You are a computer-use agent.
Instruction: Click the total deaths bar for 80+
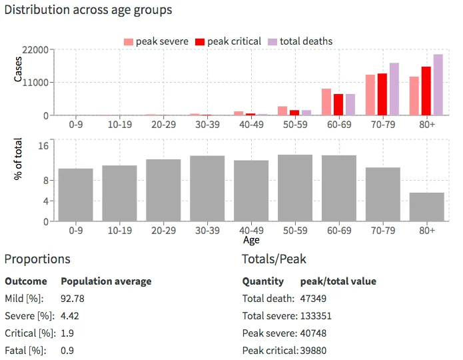[438, 85]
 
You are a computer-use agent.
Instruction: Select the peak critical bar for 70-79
[382, 94]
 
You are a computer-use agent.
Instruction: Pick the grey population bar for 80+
[426, 207]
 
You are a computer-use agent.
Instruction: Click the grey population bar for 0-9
[75, 195]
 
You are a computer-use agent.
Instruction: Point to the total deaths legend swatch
[272, 41]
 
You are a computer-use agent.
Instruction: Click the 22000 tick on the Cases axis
[37, 50]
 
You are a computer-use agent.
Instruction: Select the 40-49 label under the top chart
[251, 123]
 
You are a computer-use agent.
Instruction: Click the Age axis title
[251, 240]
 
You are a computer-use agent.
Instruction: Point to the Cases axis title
[19, 69]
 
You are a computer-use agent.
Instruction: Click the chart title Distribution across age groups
[88, 10]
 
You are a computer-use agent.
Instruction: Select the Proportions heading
[37, 259]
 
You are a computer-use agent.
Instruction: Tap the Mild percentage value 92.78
[73, 299]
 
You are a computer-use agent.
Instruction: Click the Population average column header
[106, 281]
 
